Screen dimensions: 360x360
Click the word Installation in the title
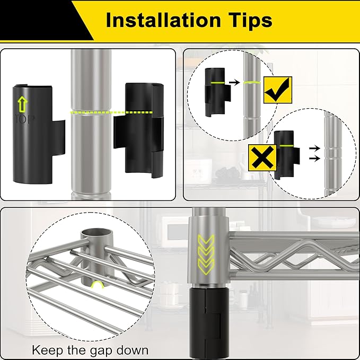[x=163, y=20]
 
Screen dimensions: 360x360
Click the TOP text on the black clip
[x=24, y=119]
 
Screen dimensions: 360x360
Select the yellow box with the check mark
[x=278, y=90]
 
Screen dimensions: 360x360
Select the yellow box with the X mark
[x=262, y=157]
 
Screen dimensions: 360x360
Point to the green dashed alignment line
[x=111, y=112]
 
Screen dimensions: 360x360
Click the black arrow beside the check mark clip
[x=234, y=82]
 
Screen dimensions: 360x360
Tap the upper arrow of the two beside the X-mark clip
[x=314, y=148]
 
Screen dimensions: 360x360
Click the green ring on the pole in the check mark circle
[x=252, y=82]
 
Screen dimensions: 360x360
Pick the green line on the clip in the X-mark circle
[x=286, y=146]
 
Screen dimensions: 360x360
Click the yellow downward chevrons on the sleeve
[x=206, y=254]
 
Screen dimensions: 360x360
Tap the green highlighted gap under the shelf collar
[x=97, y=285]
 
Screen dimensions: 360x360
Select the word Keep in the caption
[x=47, y=350]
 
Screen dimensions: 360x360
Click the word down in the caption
[x=132, y=350]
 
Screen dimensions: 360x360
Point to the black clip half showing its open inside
[x=139, y=131]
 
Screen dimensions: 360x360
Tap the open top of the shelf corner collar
[x=96, y=234]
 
